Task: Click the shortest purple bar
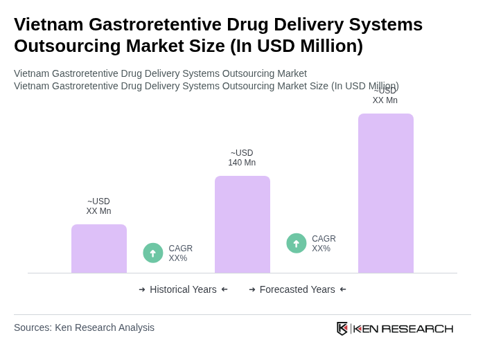point(98,249)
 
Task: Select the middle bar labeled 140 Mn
point(242,224)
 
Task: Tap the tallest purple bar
point(385,193)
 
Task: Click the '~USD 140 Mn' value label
point(242,158)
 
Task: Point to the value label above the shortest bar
point(98,206)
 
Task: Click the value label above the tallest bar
point(385,96)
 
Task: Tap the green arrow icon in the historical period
point(153,253)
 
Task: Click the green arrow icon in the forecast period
point(297,243)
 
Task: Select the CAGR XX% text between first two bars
point(180,253)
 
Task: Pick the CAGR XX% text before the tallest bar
point(324,244)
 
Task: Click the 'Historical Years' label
point(183,289)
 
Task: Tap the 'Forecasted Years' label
point(297,289)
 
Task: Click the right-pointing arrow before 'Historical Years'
point(142,289)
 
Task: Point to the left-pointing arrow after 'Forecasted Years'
point(343,289)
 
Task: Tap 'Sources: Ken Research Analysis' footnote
point(84,327)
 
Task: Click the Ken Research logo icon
point(342,328)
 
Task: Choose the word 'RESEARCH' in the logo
point(417,328)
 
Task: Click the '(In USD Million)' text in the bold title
point(297,46)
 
